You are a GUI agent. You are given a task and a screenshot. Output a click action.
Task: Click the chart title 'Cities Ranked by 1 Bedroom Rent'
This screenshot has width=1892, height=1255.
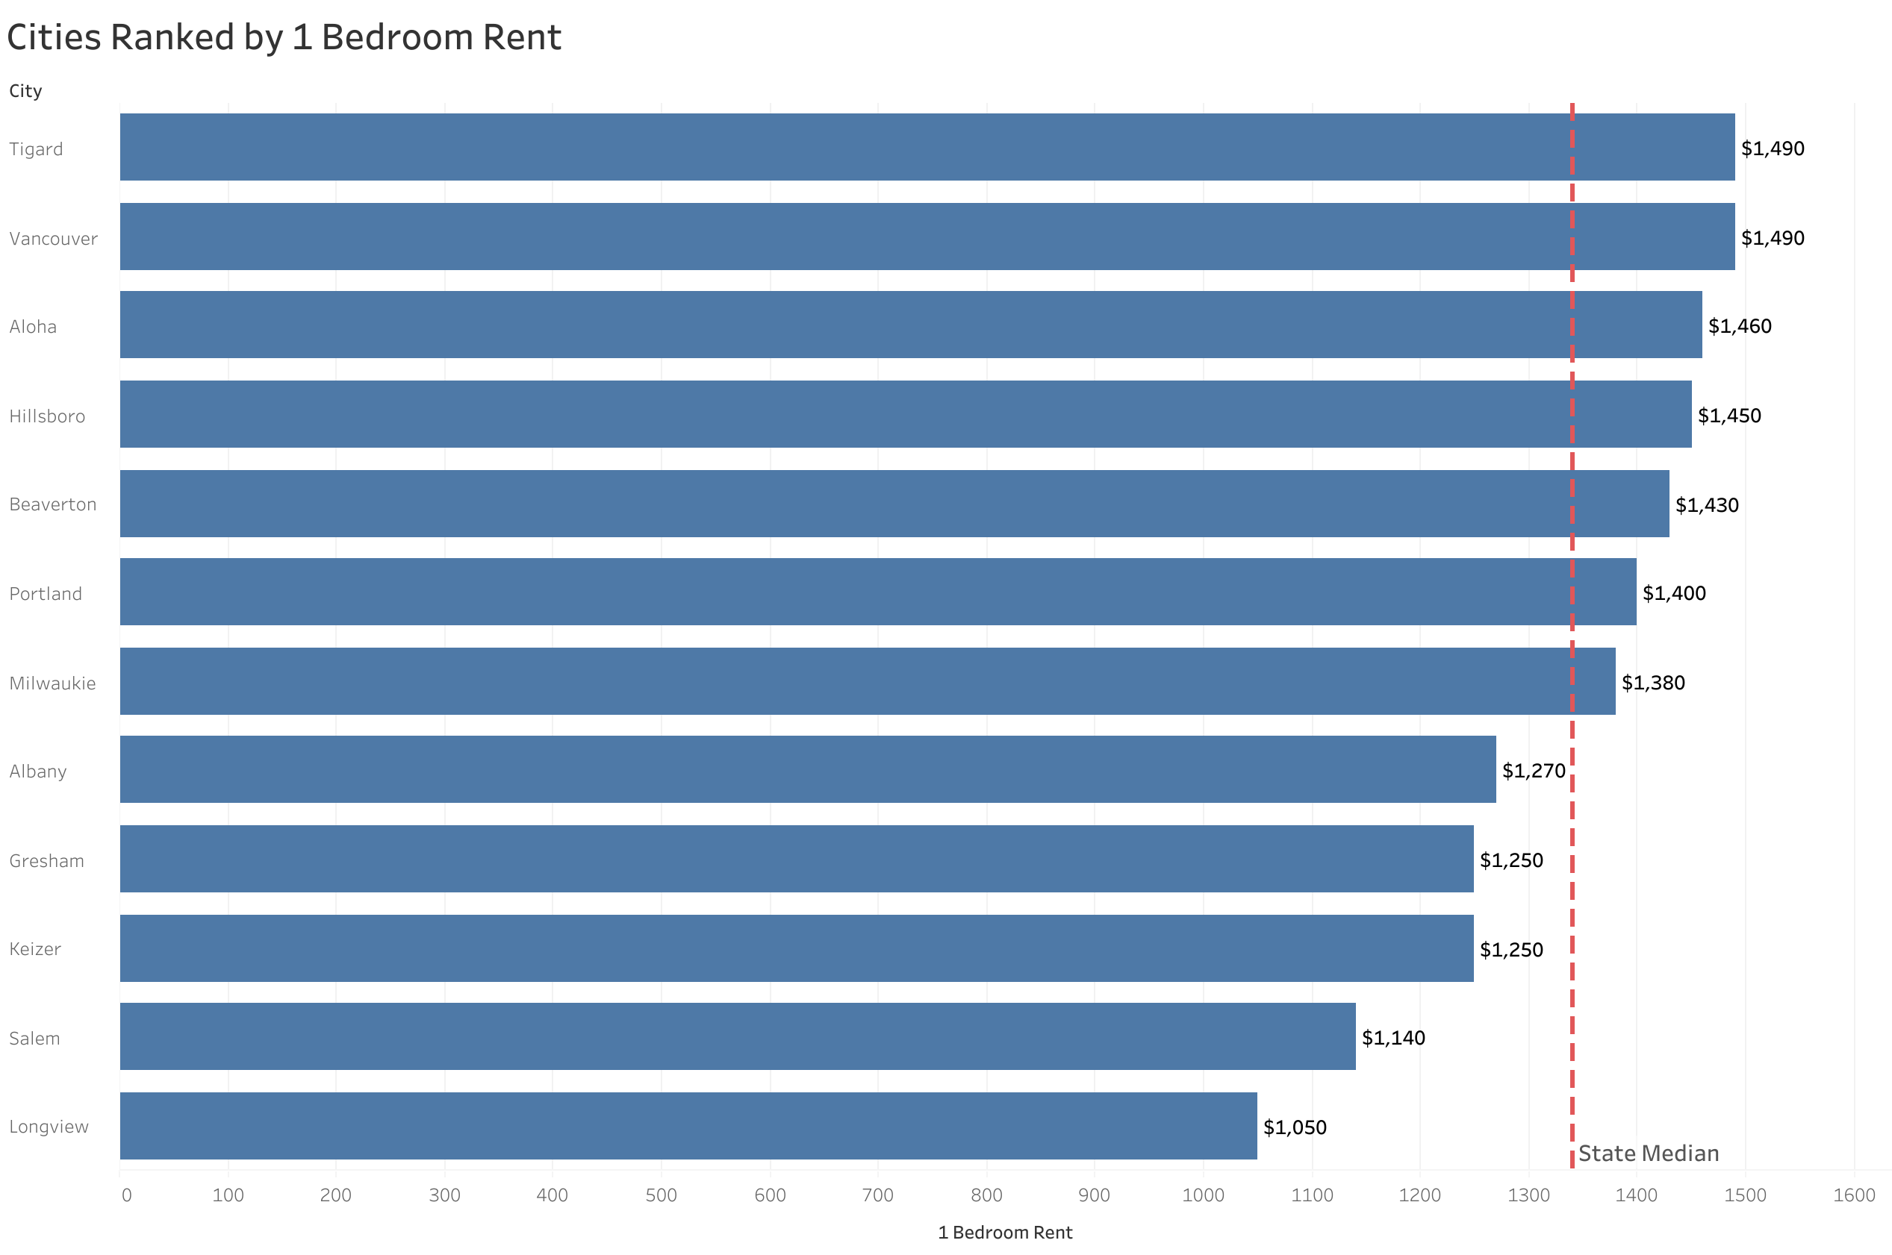click(x=284, y=37)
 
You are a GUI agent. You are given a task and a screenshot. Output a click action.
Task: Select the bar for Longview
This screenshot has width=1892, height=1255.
click(x=688, y=1125)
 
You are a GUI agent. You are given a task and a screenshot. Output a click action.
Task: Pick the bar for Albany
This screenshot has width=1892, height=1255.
click(x=807, y=769)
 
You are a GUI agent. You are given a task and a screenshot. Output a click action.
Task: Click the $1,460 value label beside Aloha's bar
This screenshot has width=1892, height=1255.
click(x=1739, y=326)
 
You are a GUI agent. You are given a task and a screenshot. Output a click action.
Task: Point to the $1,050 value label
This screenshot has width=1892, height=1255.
click(x=1294, y=1127)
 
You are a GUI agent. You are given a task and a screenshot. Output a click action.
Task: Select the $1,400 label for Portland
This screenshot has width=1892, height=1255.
click(x=1673, y=593)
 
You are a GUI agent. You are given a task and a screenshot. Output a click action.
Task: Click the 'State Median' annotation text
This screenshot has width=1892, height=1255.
click(x=1648, y=1154)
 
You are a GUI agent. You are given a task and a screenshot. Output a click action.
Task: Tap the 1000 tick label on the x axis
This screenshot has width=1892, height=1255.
click(x=1203, y=1195)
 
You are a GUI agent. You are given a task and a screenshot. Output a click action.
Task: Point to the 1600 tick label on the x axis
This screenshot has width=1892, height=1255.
click(x=1854, y=1195)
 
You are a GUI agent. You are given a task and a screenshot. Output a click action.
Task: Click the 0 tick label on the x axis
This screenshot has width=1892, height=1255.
click(x=126, y=1195)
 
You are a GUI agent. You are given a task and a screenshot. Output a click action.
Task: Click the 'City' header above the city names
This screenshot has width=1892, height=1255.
click(x=25, y=91)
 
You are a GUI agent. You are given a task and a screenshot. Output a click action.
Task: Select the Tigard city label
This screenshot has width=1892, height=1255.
click(x=36, y=149)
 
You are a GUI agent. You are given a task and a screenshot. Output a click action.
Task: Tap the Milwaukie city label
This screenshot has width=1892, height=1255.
click(x=52, y=683)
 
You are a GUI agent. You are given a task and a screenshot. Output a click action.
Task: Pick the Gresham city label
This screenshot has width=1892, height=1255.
click(x=46, y=860)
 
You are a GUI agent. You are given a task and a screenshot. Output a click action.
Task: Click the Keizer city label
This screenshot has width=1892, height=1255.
click(x=35, y=949)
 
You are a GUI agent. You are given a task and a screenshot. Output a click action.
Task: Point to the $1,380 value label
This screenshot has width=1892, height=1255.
click(x=1652, y=683)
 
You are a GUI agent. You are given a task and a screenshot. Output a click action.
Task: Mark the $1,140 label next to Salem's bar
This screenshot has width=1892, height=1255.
click(x=1393, y=1037)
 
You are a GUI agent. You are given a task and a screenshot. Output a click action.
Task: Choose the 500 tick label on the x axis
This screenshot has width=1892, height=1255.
click(x=661, y=1195)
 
